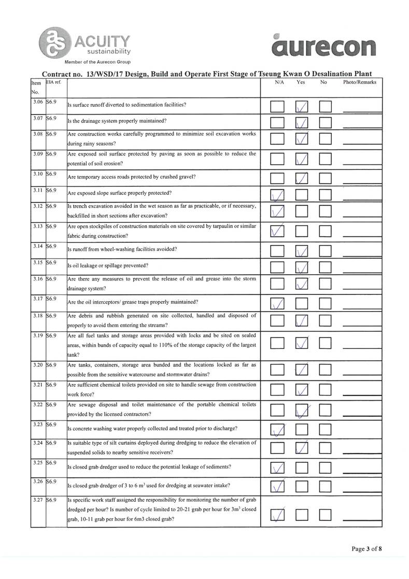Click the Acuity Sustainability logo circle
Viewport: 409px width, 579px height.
point(53,43)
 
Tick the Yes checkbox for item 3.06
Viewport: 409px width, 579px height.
point(302,107)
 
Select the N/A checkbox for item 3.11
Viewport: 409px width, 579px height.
point(278,195)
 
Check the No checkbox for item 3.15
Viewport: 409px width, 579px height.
point(326,267)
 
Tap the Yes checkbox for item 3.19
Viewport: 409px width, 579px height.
point(302,344)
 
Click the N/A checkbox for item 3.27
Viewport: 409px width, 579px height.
point(278,515)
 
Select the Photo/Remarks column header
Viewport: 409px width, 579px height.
point(359,82)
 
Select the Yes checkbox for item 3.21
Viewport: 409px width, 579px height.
point(302,390)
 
